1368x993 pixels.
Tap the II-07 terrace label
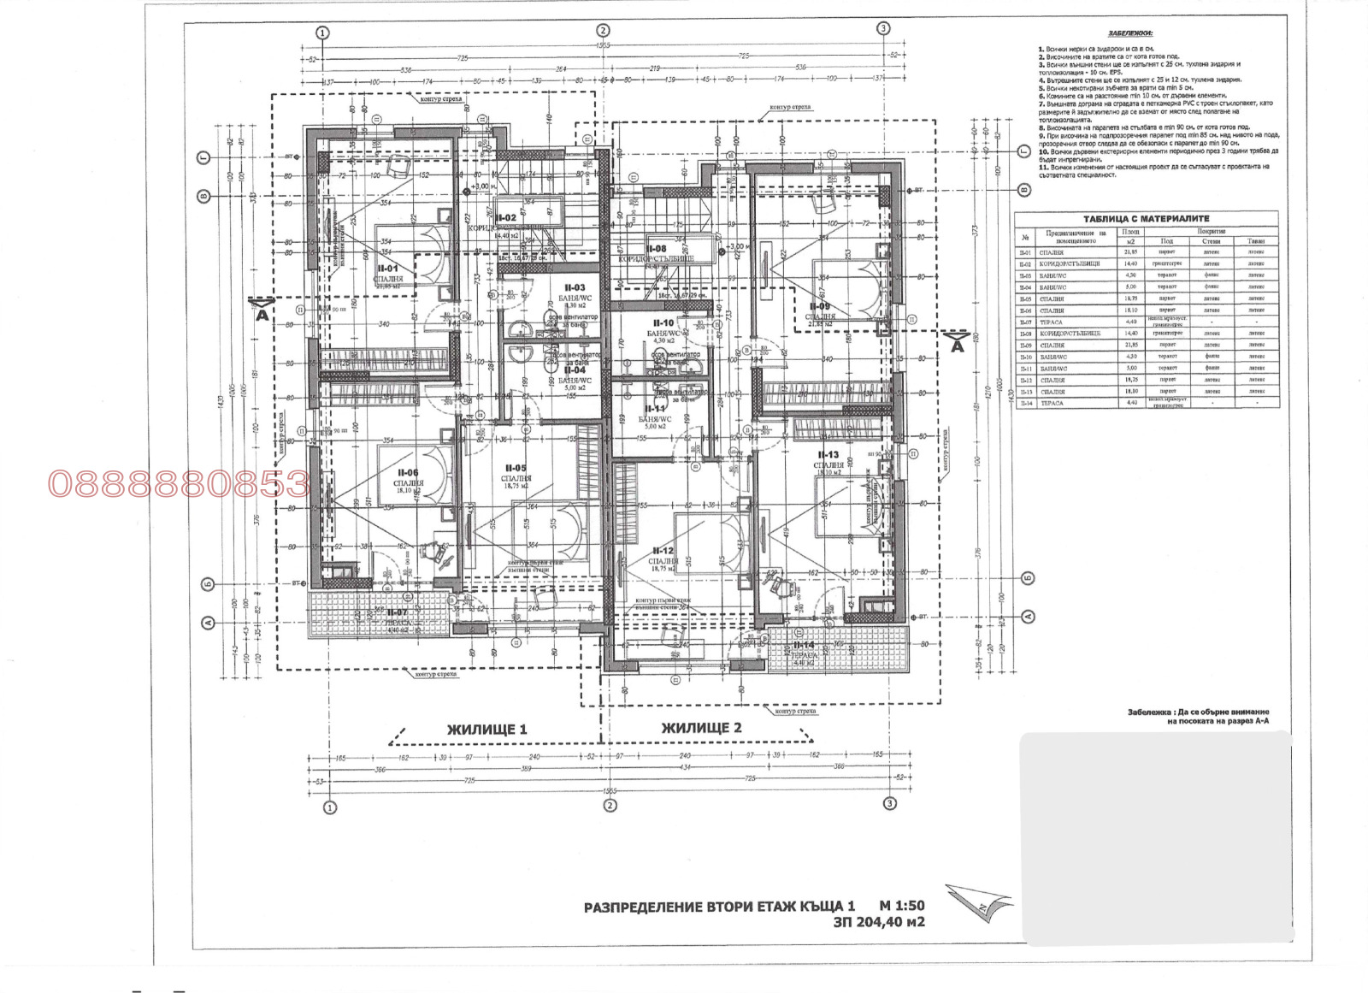coord(397,612)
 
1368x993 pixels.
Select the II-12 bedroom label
coord(663,551)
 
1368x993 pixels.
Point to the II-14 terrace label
coord(805,645)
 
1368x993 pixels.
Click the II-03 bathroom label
coord(575,287)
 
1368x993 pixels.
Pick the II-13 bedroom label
coord(828,455)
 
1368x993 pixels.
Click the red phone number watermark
coord(178,484)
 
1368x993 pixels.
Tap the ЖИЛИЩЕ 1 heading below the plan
coord(486,729)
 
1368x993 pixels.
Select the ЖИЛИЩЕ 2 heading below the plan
coord(701,728)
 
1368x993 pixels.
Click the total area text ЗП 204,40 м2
coord(879,922)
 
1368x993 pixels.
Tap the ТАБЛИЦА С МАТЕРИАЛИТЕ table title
coord(1146,219)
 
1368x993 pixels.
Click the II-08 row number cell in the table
coord(1026,333)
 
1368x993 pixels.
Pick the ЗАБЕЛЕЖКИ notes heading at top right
coord(1129,33)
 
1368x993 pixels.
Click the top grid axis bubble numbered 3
coord(883,28)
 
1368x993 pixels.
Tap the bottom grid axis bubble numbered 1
coord(329,807)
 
